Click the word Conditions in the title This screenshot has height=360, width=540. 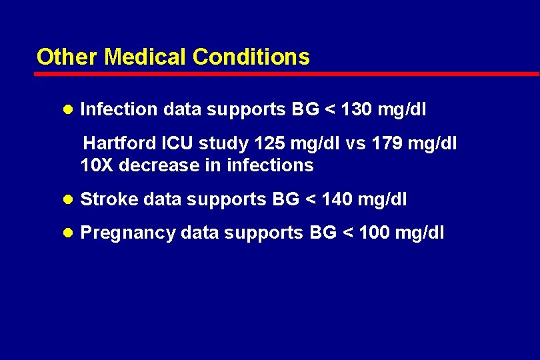click(x=251, y=57)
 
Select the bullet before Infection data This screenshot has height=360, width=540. click(x=67, y=109)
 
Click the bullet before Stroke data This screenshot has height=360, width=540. click(x=67, y=199)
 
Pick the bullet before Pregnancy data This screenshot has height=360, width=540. click(x=67, y=233)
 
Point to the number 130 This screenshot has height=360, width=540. click(x=356, y=109)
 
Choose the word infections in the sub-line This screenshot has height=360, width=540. click(x=270, y=165)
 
